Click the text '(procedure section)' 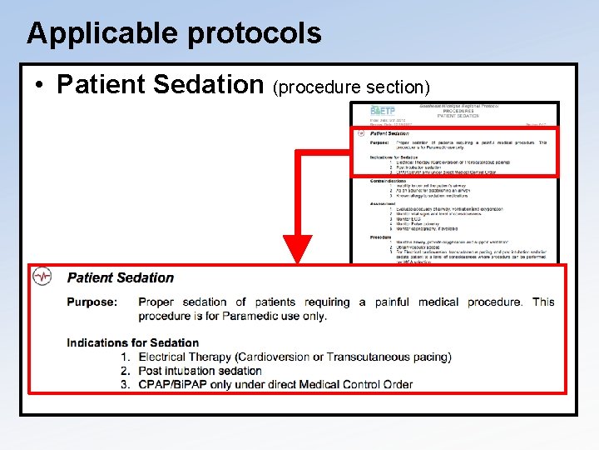click(351, 87)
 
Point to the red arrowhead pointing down click(298, 249)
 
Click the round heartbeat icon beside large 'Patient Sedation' click(42, 277)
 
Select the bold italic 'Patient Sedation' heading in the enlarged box click(121, 277)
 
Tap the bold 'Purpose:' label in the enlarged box click(92, 302)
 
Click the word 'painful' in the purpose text click(392, 302)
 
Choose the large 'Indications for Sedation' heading click(133, 342)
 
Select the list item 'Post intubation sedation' click(200, 371)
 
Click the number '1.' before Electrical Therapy click(126, 357)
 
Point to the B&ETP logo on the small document click(382, 110)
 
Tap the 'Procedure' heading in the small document click(382, 237)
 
